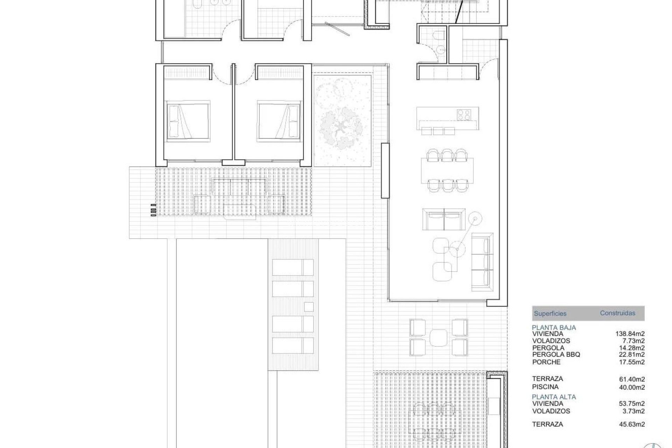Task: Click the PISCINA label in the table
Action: point(545,387)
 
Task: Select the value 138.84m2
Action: point(630,334)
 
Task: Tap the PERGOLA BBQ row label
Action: point(556,355)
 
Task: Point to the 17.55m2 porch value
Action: point(632,362)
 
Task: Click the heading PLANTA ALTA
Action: point(554,397)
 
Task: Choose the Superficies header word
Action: point(550,314)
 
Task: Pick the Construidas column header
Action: point(617,313)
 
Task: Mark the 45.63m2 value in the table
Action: point(632,424)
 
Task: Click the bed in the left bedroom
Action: point(188,122)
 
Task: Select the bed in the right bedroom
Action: point(279,122)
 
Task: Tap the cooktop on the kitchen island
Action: point(463,114)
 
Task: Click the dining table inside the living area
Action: point(447,171)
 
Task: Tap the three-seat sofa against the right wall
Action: point(482,261)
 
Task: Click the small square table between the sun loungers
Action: point(308,307)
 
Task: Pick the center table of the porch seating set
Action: point(439,337)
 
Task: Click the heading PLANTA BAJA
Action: point(554,328)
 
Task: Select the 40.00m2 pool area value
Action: point(632,387)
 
